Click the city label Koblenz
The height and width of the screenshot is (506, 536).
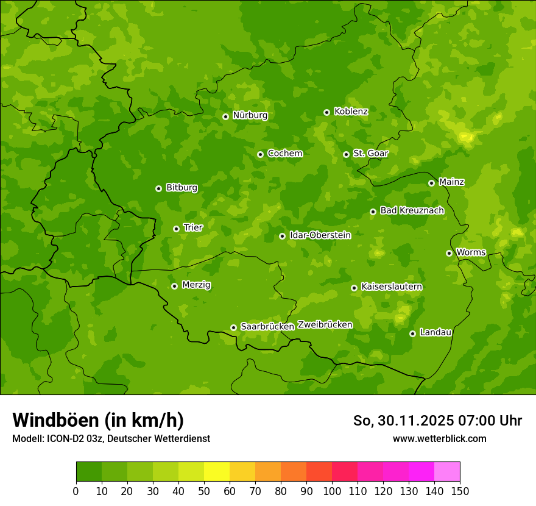pyautogui.click(x=351, y=112)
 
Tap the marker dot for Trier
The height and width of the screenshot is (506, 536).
pyautogui.click(x=176, y=229)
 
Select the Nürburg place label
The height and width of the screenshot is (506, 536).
pyautogui.click(x=250, y=115)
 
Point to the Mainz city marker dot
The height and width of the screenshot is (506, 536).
pyautogui.click(x=431, y=183)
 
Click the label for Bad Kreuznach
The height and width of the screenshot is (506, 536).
pyautogui.click(x=412, y=210)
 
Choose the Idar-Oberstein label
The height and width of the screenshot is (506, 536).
pyautogui.click(x=320, y=235)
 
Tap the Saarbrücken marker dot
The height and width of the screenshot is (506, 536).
pyautogui.click(x=233, y=327)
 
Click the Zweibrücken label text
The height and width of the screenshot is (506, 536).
pyautogui.click(x=325, y=325)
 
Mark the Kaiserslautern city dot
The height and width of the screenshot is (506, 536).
pyautogui.click(x=354, y=288)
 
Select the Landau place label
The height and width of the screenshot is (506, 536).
pyautogui.click(x=435, y=332)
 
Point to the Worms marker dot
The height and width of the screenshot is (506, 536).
pyautogui.click(x=449, y=253)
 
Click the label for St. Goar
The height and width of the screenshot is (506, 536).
pyautogui.click(x=370, y=153)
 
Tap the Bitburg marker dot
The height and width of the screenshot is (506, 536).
pyautogui.click(x=158, y=188)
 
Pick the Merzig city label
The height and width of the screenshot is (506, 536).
pyautogui.click(x=196, y=285)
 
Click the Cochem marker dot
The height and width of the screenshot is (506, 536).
pyautogui.click(x=260, y=154)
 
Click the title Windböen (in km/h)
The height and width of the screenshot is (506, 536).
pyautogui.click(x=97, y=420)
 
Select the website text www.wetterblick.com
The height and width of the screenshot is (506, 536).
pyautogui.click(x=439, y=438)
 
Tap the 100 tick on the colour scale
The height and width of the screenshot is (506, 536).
pyautogui.click(x=332, y=491)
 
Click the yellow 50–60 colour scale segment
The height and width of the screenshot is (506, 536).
pyautogui.click(x=217, y=472)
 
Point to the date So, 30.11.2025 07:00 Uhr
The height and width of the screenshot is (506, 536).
pyautogui.click(x=437, y=421)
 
